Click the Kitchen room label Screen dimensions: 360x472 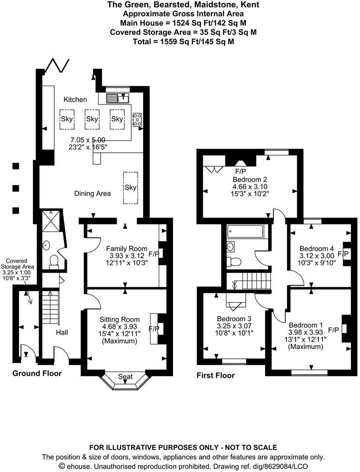[75, 99]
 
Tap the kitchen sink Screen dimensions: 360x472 [118, 98]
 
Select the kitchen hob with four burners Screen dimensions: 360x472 [137, 119]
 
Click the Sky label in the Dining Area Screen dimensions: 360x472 [131, 188]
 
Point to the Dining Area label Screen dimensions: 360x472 [92, 193]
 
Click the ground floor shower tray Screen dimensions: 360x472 [51, 221]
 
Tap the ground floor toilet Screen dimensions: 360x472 [54, 261]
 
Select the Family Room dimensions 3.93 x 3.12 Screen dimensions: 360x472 [126, 255]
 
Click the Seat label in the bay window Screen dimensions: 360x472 [125, 377]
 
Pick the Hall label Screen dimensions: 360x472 [62, 332]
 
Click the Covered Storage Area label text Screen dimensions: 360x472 [17, 264]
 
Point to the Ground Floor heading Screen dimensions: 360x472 [37, 373]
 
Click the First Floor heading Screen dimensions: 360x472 [216, 375]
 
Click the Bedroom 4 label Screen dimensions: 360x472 [316, 249]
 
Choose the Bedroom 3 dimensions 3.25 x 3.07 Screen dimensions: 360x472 [234, 326]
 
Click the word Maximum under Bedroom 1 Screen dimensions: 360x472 [305, 346]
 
